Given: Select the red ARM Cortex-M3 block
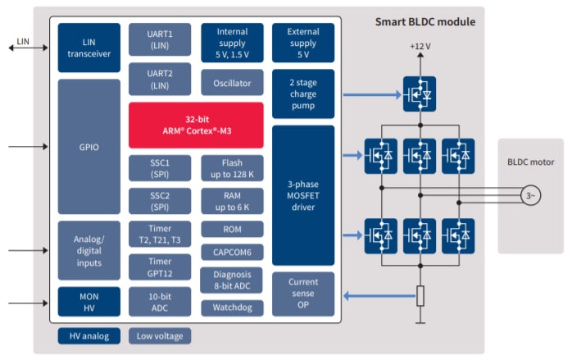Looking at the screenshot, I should point(196,125).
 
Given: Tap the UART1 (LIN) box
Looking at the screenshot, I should point(160,39).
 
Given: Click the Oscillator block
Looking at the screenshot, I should point(232,82).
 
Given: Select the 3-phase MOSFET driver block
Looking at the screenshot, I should point(302,195).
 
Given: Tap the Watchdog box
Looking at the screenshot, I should point(232,308).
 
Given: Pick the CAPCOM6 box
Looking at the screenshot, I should point(232,252).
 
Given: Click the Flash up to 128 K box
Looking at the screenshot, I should point(232,167).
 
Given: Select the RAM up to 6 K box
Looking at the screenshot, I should point(232,200).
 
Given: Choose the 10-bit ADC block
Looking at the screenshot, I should point(160,301).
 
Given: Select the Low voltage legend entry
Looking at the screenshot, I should point(160,335).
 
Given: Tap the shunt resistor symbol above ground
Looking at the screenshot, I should point(420,295).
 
